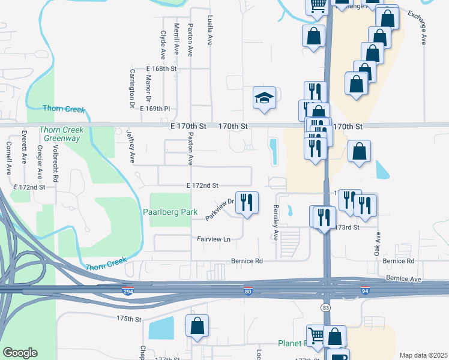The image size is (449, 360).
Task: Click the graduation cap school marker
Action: (x=264, y=98)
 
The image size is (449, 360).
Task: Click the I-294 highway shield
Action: (x=128, y=292)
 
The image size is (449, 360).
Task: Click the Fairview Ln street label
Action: (x=214, y=239)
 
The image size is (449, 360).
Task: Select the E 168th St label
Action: (x=161, y=69)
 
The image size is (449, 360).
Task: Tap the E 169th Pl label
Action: (x=155, y=109)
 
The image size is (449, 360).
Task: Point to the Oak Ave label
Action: (x=378, y=244)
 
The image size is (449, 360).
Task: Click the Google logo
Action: (x=20, y=353)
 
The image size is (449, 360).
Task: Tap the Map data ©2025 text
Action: (x=423, y=355)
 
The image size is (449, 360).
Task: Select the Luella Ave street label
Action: (x=210, y=31)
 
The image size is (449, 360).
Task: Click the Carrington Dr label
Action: (x=132, y=88)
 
